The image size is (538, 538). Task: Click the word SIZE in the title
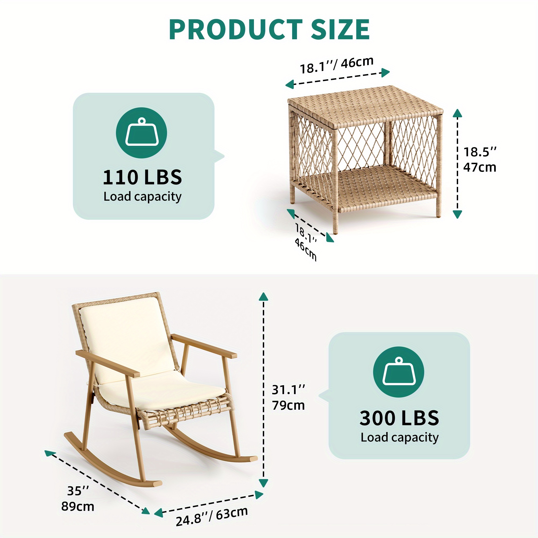point(340,30)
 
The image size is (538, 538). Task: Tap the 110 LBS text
point(142,177)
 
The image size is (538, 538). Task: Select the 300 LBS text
point(399,418)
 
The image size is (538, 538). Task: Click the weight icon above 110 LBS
point(141,133)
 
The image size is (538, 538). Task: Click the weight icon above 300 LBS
point(398,372)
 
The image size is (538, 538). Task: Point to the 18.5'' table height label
point(480,152)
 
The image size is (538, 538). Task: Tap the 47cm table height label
point(480,167)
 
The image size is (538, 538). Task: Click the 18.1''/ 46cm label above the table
point(337,65)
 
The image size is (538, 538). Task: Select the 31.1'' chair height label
point(288,390)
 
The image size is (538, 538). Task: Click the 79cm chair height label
point(288,405)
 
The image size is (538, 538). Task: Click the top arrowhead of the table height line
point(457,113)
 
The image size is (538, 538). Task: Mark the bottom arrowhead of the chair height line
point(263,483)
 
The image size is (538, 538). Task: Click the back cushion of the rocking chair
point(127,337)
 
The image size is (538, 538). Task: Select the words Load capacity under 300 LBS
point(399,437)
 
